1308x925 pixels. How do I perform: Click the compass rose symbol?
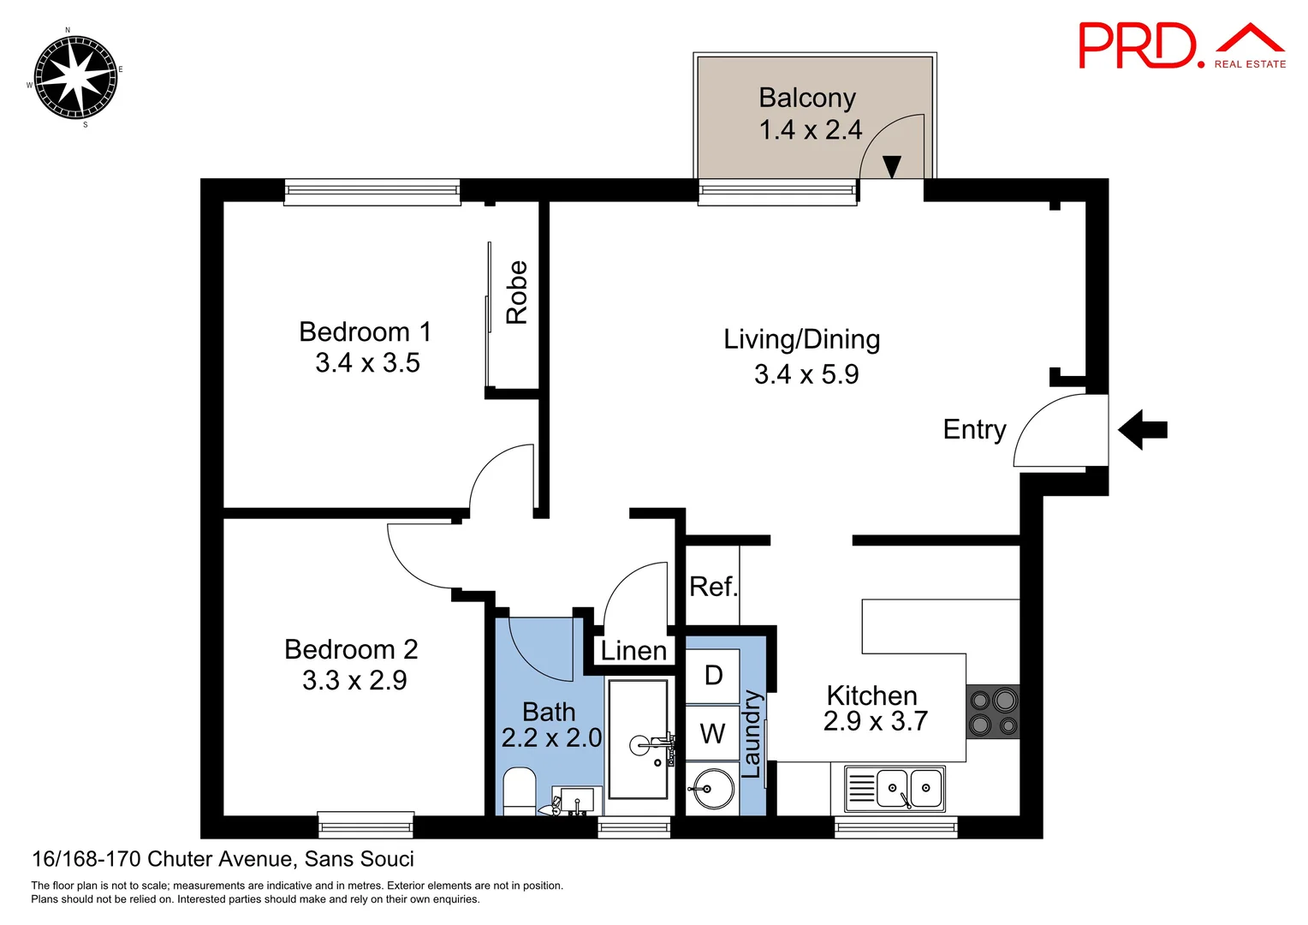(x=75, y=76)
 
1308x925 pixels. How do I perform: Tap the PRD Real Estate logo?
(x=1182, y=46)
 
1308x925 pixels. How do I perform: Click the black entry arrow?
(x=1143, y=429)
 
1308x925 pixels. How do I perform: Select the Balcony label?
(x=807, y=98)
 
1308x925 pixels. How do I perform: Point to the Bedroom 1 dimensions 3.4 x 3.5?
(x=367, y=363)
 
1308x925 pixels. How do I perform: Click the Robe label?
(x=517, y=292)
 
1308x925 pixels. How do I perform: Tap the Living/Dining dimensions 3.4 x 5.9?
(x=806, y=374)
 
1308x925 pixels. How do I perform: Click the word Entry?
(x=974, y=429)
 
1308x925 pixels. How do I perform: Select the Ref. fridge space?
(x=712, y=586)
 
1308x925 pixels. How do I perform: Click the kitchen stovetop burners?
(x=993, y=711)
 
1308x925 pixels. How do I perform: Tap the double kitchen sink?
(x=894, y=789)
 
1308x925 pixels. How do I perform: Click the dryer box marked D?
(x=712, y=676)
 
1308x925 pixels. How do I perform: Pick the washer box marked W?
(x=712, y=733)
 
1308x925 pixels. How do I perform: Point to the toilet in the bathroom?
(x=519, y=792)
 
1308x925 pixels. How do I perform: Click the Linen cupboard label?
(x=633, y=651)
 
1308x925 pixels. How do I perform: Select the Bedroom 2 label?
(x=351, y=649)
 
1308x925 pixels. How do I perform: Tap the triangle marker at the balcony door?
(x=892, y=166)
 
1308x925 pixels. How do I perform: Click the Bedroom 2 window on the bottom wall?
(x=366, y=825)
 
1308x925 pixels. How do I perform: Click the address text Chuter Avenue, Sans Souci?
(x=280, y=858)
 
